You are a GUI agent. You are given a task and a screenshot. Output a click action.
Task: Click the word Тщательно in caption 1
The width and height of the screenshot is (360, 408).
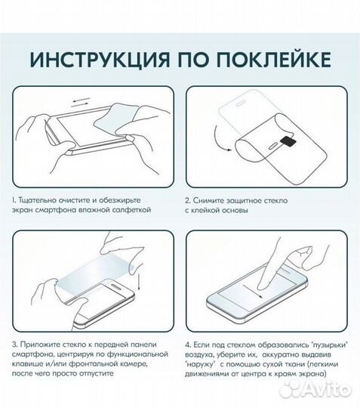tap(40, 201)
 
